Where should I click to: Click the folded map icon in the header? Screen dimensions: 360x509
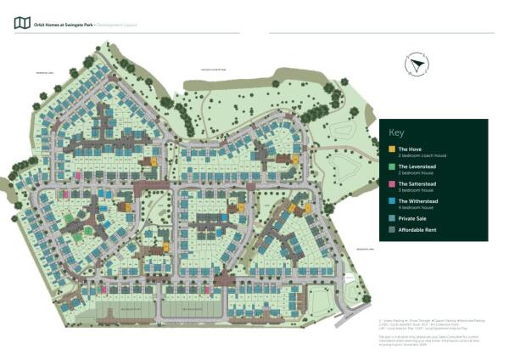22,23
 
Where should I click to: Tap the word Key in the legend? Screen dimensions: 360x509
397,133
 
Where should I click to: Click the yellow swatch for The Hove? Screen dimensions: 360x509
391,149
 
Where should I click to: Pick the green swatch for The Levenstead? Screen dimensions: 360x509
391,166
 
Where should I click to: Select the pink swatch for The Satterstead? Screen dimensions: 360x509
391,184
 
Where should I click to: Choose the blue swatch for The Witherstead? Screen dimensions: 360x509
391,201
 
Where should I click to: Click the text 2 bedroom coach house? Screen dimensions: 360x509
419,155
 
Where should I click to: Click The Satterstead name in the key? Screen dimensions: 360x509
416,183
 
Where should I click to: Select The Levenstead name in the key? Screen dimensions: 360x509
416,166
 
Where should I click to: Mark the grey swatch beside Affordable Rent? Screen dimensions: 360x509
391,229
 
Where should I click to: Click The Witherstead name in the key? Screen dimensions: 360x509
417,200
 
